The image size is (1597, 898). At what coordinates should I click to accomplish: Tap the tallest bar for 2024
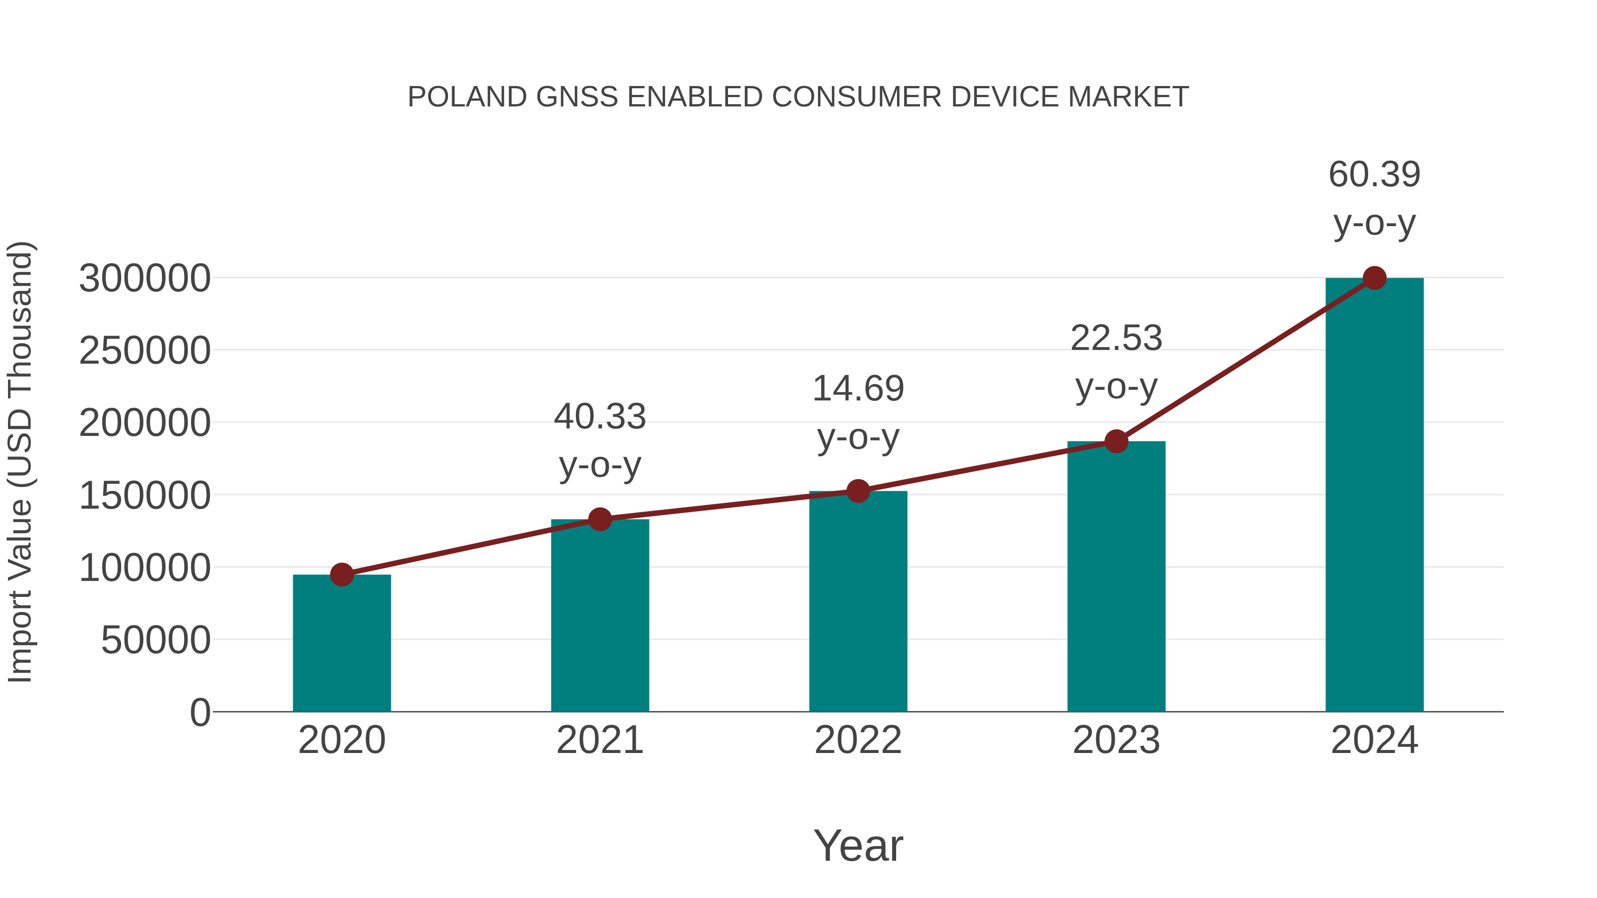tap(1374, 496)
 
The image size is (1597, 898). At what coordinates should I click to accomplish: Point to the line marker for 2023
tap(1116, 441)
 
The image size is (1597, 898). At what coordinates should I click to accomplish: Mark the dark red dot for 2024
tap(1374, 278)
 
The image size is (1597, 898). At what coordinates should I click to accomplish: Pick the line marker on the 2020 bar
tap(342, 574)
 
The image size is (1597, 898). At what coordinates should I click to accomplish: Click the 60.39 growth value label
tap(1374, 174)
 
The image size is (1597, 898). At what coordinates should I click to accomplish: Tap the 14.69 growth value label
tap(858, 389)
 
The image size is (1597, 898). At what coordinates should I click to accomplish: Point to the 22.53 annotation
tap(1116, 338)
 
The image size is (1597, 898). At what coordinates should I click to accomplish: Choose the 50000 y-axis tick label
tap(156, 640)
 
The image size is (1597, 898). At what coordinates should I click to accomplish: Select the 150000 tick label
tap(145, 496)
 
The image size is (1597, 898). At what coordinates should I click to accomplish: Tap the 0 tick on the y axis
tap(200, 713)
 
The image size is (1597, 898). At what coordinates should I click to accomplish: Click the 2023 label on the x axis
tap(1116, 740)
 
